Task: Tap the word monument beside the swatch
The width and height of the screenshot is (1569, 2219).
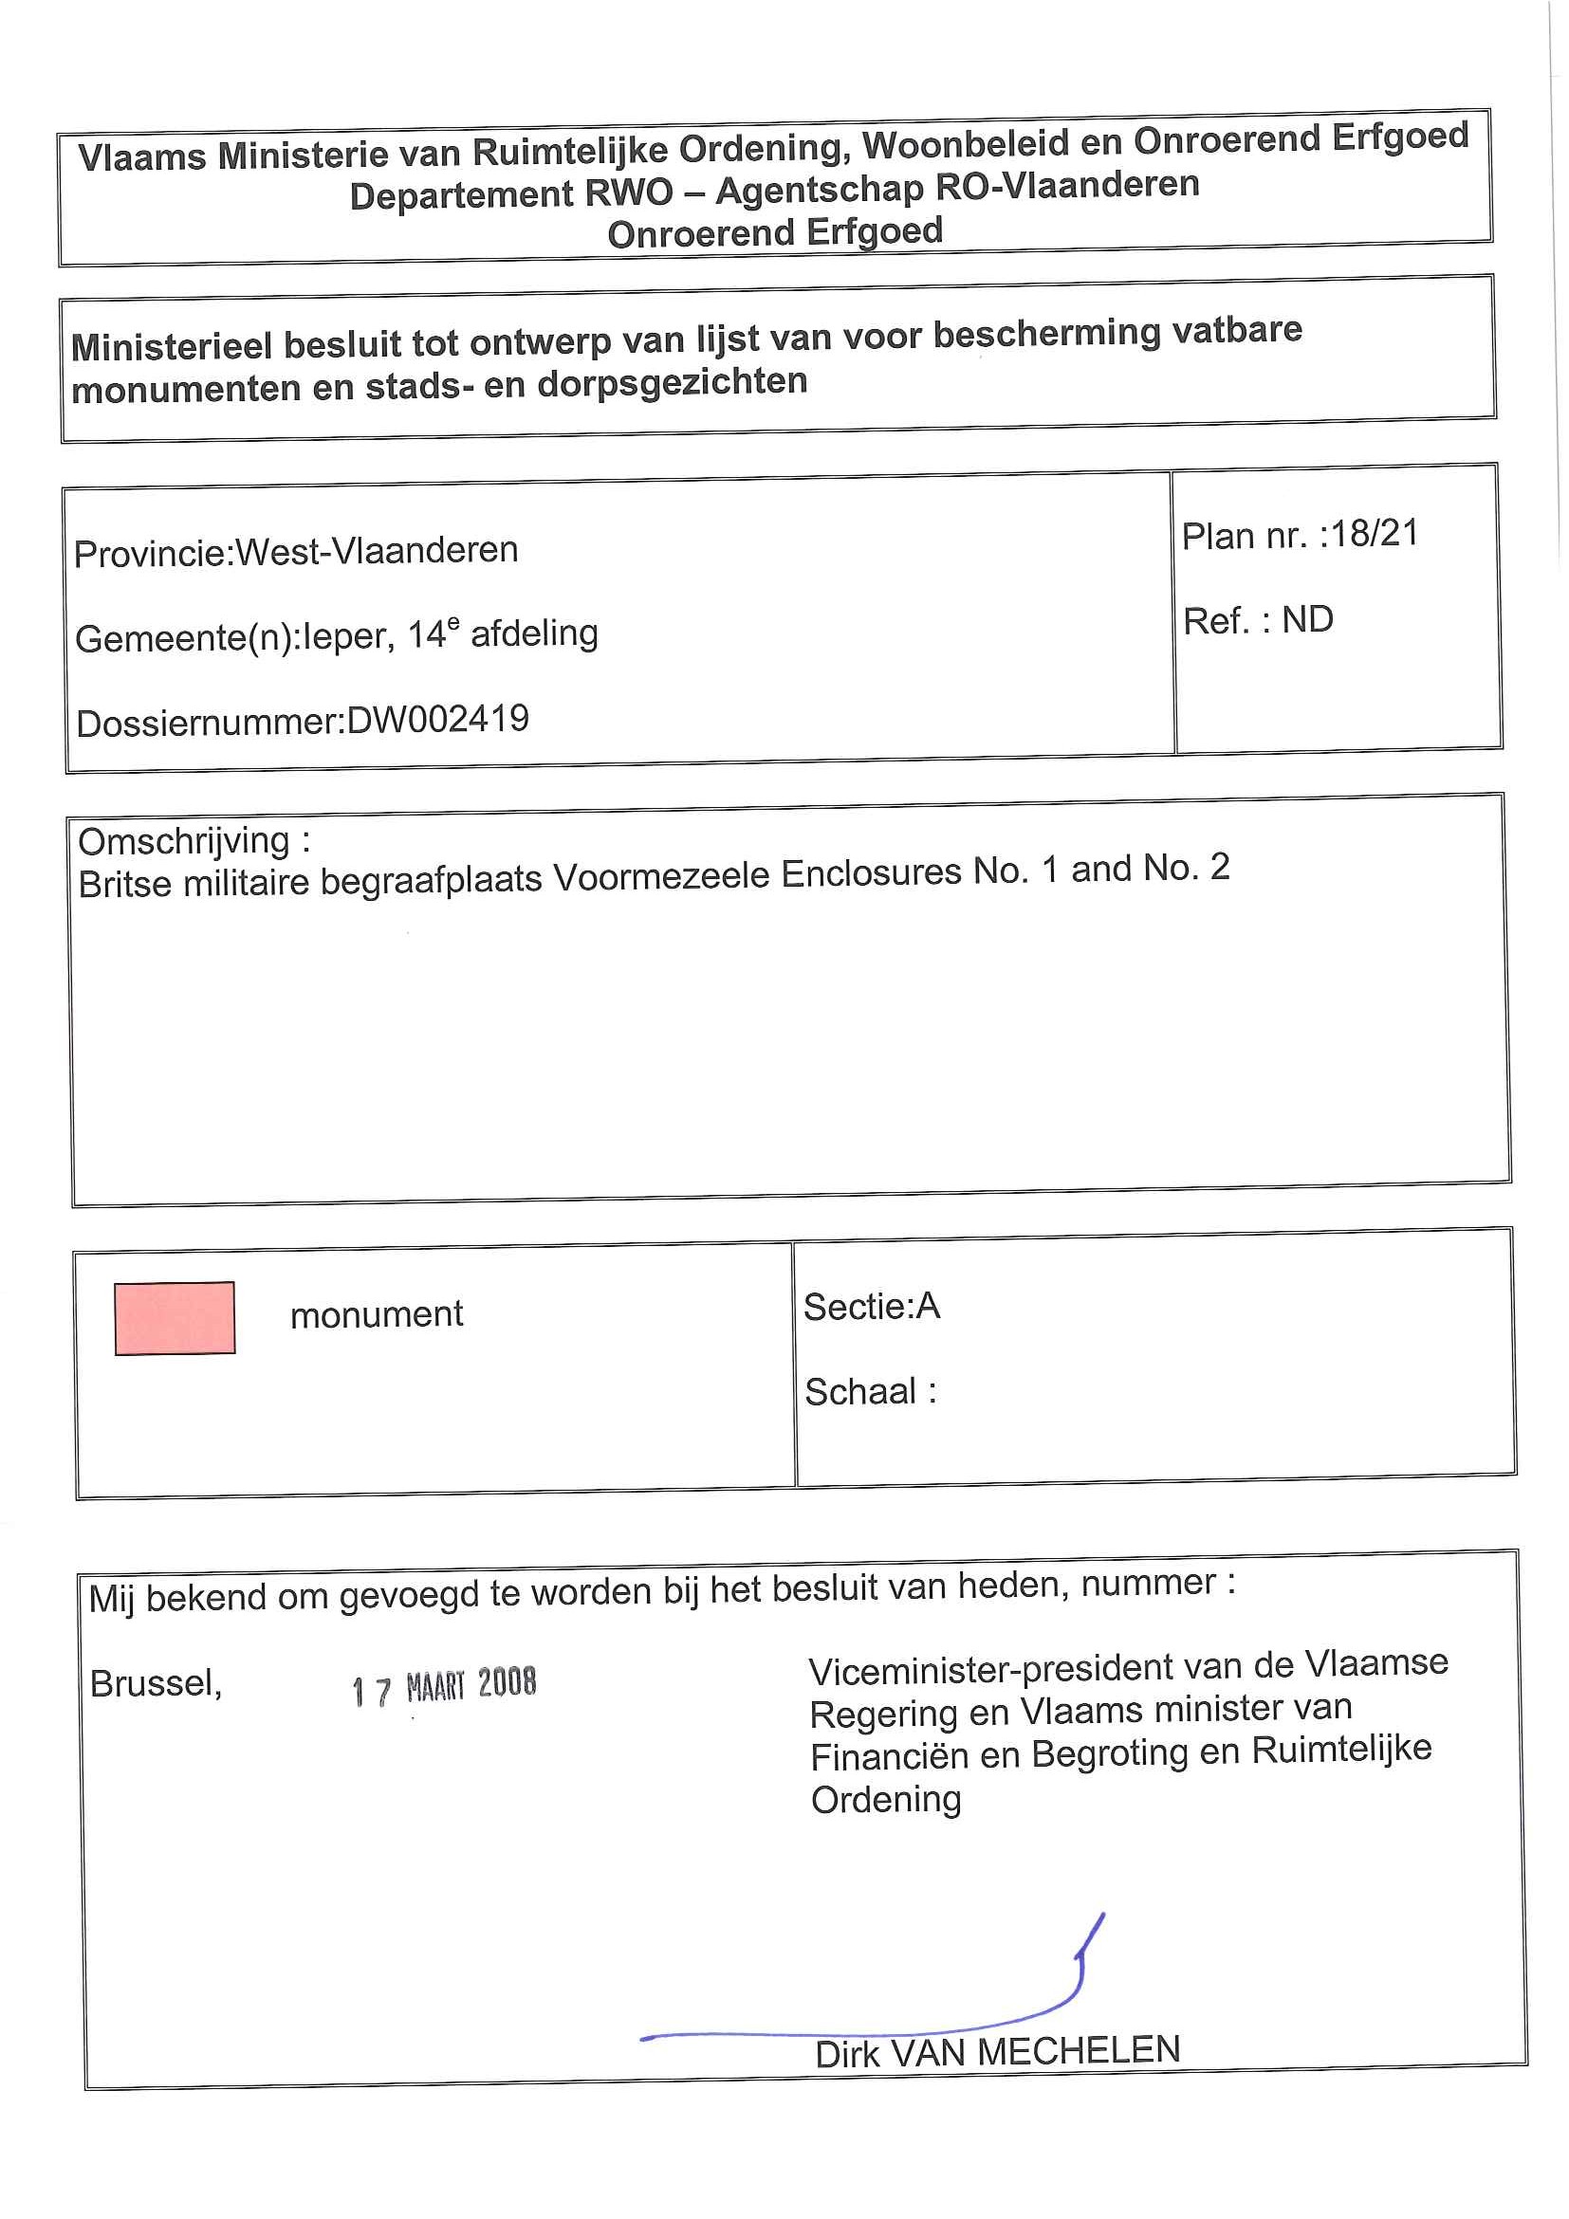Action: coord(376,1314)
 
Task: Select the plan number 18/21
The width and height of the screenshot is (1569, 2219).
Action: coord(1374,533)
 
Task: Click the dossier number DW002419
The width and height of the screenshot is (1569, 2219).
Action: coord(438,719)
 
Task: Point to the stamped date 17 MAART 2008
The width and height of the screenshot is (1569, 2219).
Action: coord(444,1685)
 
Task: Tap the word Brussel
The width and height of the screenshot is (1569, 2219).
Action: coord(156,1683)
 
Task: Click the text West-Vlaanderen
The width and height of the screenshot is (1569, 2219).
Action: coord(377,550)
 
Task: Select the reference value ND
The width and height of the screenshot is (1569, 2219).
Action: coord(1307,619)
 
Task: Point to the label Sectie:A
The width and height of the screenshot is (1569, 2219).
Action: coord(871,1307)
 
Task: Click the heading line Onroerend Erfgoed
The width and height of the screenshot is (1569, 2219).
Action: coord(774,233)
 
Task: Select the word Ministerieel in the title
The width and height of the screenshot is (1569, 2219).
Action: coord(170,345)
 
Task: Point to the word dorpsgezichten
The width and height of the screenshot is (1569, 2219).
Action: coord(672,383)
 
